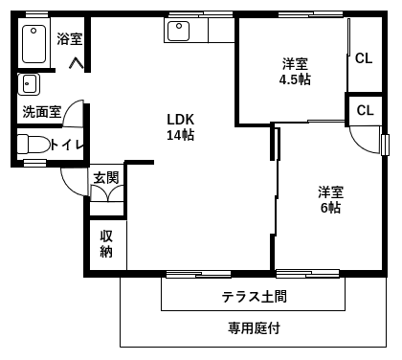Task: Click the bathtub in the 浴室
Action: tap(34, 44)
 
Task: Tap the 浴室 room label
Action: tap(70, 38)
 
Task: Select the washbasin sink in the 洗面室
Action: tap(29, 84)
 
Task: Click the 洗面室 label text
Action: tap(42, 112)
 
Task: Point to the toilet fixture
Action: tap(33, 144)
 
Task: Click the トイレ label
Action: tap(67, 146)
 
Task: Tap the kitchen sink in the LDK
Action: tap(179, 31)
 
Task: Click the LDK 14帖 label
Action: tap(181, 127)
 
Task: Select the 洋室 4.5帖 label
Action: tap(295, 72)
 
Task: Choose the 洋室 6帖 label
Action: tap(331, 200)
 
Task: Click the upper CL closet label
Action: tap(364, 58)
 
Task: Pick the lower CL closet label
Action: tap(365, 110)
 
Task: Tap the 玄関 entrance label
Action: tap(106, 178)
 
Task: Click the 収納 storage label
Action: tap(106, 244)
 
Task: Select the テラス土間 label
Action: tap(255, 297)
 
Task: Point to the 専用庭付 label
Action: tap(255, 327)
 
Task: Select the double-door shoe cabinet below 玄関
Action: tap(107, 193)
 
